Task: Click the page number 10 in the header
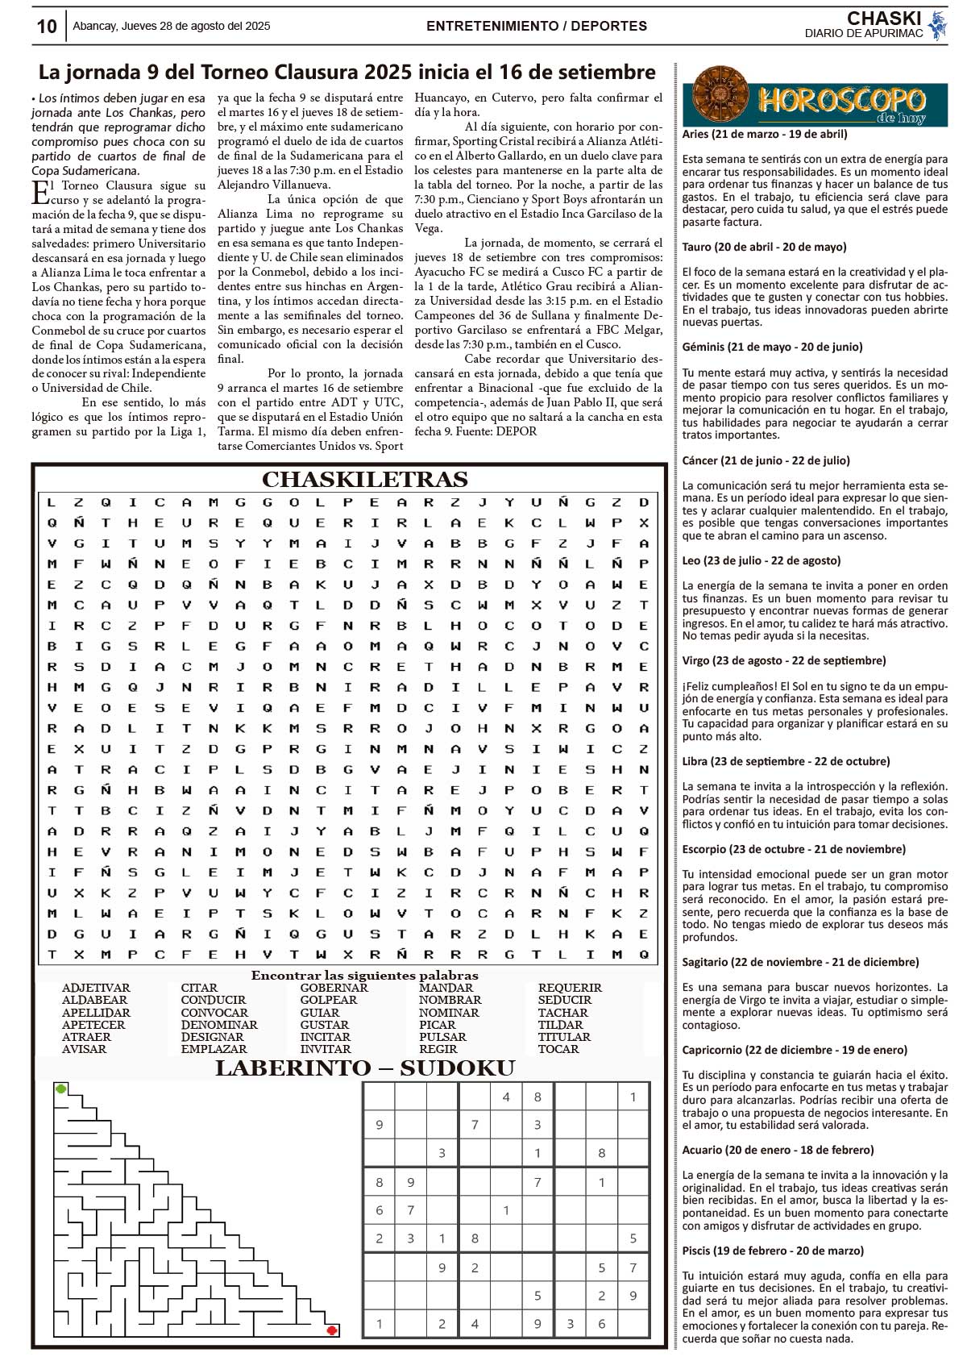click(x=47, y=27)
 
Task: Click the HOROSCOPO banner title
click(x=841, y=102)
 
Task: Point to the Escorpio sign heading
click(x=794, y=849)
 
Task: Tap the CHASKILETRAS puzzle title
click(x=364, y=480)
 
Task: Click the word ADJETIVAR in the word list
click(x=96, y=988)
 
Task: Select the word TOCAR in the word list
click(x=558, y=1049)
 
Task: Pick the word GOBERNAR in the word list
click(x=334, y=988)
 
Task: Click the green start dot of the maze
click(x=61, y=1089)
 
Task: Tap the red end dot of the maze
click(x=331, y=1330)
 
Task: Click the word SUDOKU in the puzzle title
click(x=457, y=1069)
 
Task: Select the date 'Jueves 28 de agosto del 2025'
click(x=196, y=26)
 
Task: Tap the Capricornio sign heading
click(x=795, y=1050)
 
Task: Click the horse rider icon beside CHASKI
click(x=936, y=25)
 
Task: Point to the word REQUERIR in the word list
click(x=570, y=988)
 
